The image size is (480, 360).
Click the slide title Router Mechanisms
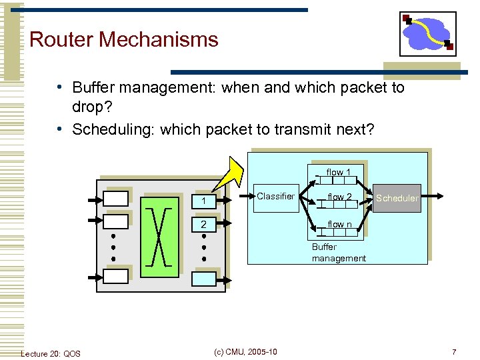[x=123, y=39]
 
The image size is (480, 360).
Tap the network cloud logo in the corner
[x=427, y=33]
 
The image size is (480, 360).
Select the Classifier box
[x=275, y=197]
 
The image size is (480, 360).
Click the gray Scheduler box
[x=397, y=198]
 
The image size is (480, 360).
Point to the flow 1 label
[x=339, y=173]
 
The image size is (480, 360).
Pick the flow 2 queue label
[x=339, y=197]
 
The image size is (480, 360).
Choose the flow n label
[x=339, y=225]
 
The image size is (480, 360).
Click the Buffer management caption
[x=339, y=253]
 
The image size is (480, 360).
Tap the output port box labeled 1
[x=204, y=201]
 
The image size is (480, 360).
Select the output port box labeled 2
[x=204, y=225]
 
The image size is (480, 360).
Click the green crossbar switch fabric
[x=159, y=237]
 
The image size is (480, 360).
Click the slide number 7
[x=454, y=351]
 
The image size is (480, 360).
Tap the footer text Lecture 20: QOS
[x=51, y=353]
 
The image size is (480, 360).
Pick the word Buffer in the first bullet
[x=93, y=88]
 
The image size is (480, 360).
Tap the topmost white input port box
[x=115, y=198]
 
